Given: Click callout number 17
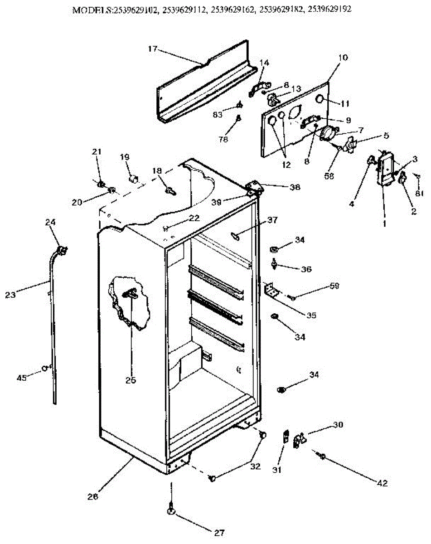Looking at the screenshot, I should [152, 49].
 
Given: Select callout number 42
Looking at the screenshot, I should [383, 483].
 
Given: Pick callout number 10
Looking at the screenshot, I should [343, 58].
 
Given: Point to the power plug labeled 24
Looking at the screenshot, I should [62, 249].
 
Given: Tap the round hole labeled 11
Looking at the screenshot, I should [320, 99].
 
